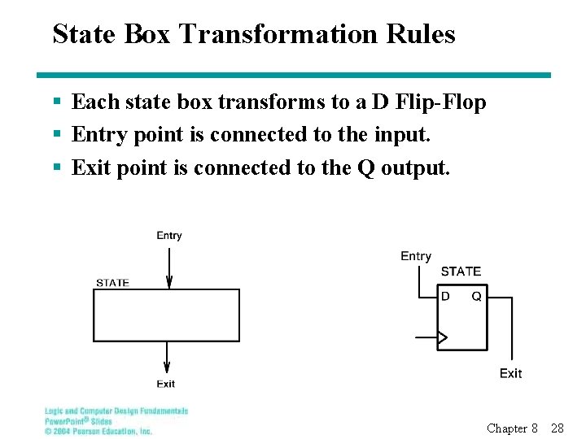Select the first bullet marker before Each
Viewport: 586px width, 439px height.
coord(56,102)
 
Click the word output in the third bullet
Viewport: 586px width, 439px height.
coord(413,167)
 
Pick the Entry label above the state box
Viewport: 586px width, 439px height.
coord(169,236)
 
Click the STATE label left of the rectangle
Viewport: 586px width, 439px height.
coord(112,283)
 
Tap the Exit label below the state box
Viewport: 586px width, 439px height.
coord(166,384)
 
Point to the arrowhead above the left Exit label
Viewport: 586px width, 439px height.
coord(167,368)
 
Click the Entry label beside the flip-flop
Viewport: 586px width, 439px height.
coord(416,256)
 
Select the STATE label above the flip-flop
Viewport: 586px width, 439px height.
coord(461,272)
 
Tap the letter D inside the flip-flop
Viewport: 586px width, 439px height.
coord(445,297)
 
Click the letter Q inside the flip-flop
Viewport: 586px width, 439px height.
coord(476,297)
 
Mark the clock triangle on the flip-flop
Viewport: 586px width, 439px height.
coord(443,337)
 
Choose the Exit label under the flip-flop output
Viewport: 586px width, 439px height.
coord(510,373)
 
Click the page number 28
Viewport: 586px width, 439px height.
coord(558,428)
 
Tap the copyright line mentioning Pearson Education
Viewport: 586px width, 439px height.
coord(98,431)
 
